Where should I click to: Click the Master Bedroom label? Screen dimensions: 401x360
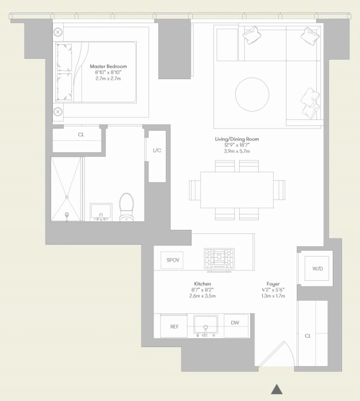click(108, 66)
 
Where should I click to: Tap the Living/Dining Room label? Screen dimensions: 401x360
click(237, 139)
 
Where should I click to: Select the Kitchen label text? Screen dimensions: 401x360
click(202, 284)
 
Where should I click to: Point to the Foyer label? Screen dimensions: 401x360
click(273, 284)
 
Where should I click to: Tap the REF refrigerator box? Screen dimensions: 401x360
click(174, 326)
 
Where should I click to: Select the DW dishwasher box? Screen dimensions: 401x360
click(236, 323)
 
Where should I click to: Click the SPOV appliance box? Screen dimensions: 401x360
click(173, 260)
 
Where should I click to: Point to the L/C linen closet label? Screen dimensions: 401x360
click(157, 151)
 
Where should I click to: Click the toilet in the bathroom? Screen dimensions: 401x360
click(127, 207)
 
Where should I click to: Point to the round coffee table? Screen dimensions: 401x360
click(252, 94)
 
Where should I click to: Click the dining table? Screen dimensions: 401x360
click(237, 189)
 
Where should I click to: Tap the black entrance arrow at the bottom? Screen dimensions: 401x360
click(277, 389)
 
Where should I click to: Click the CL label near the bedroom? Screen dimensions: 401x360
click(81, 135)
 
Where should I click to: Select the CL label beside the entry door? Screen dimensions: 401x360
click(308, 336)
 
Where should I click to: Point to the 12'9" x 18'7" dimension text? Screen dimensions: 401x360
click(237, 145)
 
